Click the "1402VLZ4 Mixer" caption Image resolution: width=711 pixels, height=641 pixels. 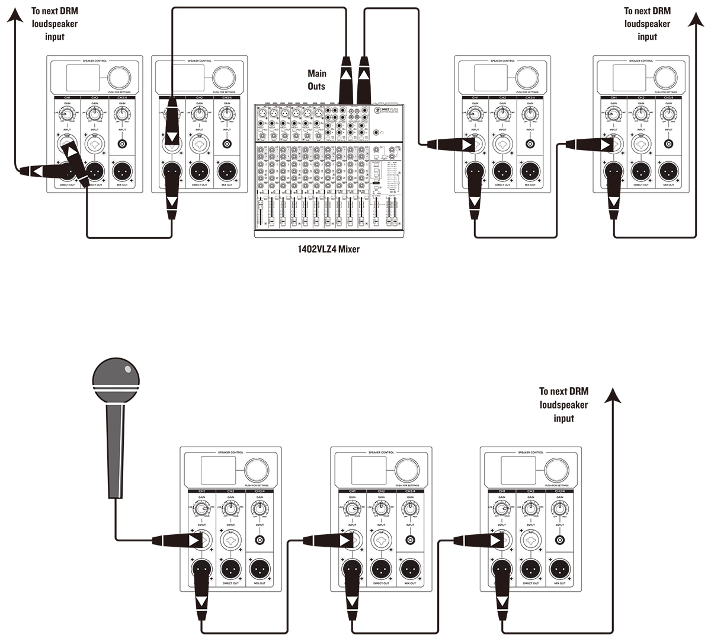pyautogui.click(x=328, y=249)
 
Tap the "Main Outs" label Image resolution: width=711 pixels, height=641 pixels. pyautogui.click(x=316, y=80)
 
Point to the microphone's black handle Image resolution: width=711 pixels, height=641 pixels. pyautogui.click(x=115, y=451)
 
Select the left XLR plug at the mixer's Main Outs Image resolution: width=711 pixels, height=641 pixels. pyautogui.click(x=345, y=77)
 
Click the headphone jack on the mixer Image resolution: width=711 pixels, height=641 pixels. pyautogui.click(x=383, y=132)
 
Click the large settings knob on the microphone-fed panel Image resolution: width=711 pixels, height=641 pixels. pyautogui.click(x=257, y=470)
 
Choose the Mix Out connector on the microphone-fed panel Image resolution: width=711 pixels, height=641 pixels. pyautogui.click(x=260, y=569)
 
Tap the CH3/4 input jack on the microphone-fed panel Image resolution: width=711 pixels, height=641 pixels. pyautogui.click(x=260, y=540)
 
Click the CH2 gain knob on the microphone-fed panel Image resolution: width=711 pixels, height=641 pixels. pyautogui.click(x=230, y=509)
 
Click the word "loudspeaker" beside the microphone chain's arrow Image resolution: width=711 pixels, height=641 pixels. pyautogui.click(x=563, y=405)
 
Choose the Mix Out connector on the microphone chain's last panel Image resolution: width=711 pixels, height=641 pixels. pyautogui.click(x=559, y=569)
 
